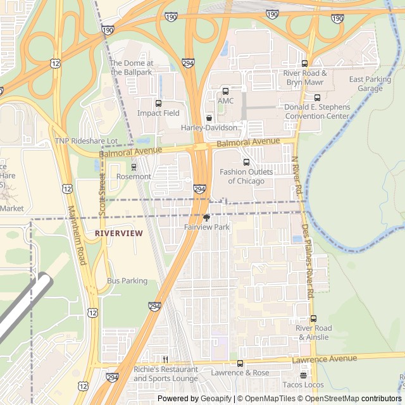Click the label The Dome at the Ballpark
click(132, 68)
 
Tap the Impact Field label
click(158, 113)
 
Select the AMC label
click(225, 101)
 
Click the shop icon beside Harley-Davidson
click(209, 118)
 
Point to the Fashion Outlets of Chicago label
click(246, 177)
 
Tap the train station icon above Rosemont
click(134, 167)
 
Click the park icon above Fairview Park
click(206, 218)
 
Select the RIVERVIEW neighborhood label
click(118, 234)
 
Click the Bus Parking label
click(127, 281)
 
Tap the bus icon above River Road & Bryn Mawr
click(304, 63)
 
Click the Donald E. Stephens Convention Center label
click(316, 112)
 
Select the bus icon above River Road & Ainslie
click(313, 319)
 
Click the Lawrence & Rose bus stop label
click(240, 373)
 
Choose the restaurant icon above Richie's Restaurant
click(165, 359)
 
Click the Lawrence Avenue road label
click(325, 359)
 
